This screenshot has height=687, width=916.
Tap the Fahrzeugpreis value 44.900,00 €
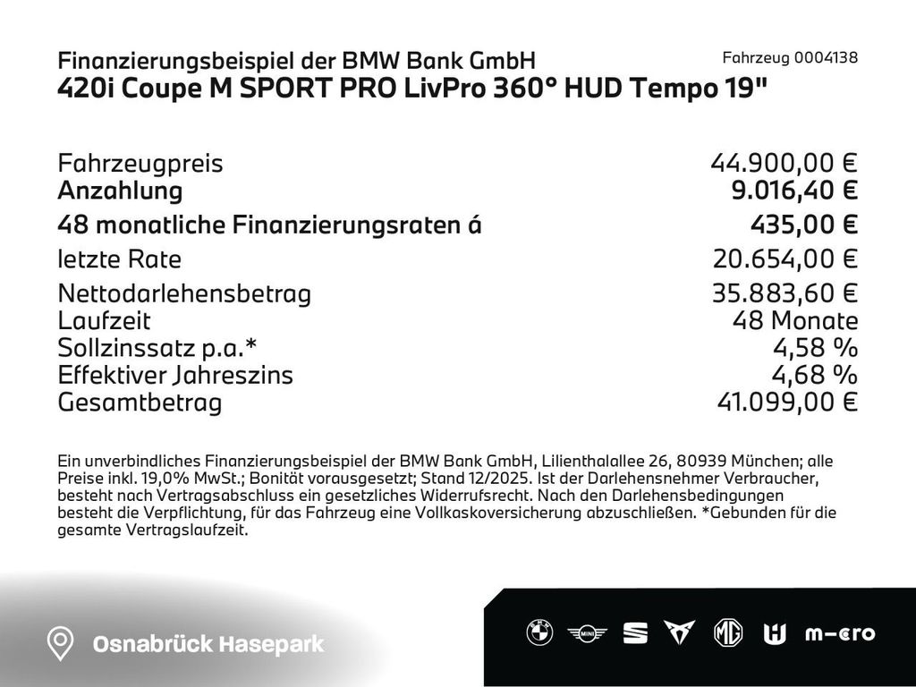[784, 164]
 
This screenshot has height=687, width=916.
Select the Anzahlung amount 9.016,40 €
[794, 191]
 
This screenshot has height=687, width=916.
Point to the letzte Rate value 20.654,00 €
[785, 259]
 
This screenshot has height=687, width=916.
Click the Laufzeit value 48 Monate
[794, 321]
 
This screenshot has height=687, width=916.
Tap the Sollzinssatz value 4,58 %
[815, 348]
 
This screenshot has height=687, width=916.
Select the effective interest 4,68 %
[815, 375]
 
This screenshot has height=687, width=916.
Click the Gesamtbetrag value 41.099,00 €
[787, 403]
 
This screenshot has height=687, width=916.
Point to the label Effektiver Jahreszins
[174, 375]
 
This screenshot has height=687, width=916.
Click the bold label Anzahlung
[120, 191]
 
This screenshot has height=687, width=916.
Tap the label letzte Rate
[119, 259]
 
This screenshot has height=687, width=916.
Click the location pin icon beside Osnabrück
[60, 643]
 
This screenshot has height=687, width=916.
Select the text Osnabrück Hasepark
[209, 644]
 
